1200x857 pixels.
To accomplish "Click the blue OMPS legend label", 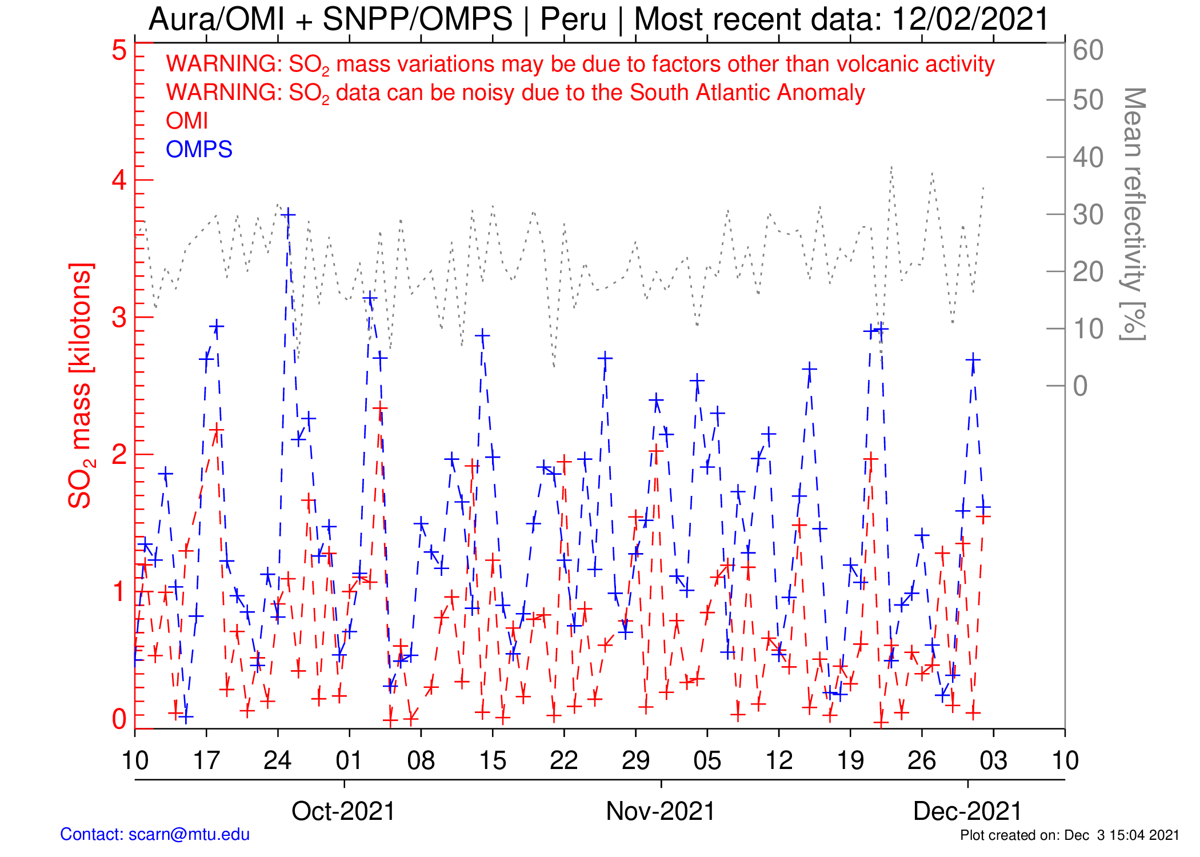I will point(199,150).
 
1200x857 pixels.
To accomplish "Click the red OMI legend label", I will point(186,121).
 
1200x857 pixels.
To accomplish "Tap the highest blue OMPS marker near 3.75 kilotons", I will point(289,215).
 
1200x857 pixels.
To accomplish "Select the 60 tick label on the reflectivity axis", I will point(1088,50).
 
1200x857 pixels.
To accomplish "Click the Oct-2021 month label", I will point(343,811).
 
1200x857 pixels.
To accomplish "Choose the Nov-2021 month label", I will point(660,811).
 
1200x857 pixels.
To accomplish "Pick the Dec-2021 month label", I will point(967,811).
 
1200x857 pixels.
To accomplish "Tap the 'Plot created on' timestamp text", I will point(1069,835).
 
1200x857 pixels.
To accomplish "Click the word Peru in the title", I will point(573,19).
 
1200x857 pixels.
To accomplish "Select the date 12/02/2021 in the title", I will point(970,19).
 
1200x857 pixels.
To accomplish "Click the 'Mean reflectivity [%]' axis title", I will point(1134,214).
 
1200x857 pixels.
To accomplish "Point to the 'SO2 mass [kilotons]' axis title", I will point(81,386).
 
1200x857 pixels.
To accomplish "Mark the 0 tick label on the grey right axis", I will point(1080,386).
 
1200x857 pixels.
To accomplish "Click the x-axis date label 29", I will point(635,760).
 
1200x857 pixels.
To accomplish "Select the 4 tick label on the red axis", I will point(119,181).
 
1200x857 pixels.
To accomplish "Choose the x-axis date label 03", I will point(993,760).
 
